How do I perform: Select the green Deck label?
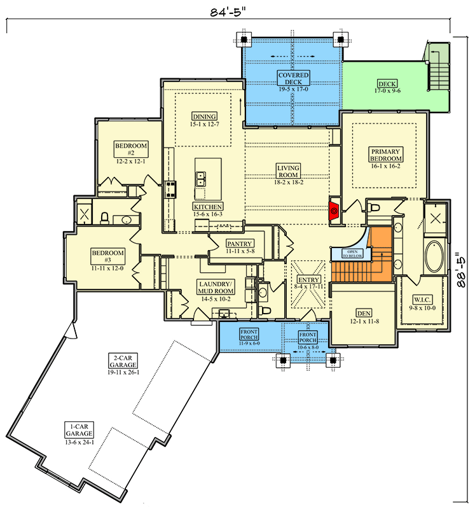coord(387,87)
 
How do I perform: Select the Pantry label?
coord(240,247)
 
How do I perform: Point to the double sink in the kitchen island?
coord(202,179)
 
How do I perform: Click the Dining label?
coord(205,120)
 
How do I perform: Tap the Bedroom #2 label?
coord(131,153)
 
